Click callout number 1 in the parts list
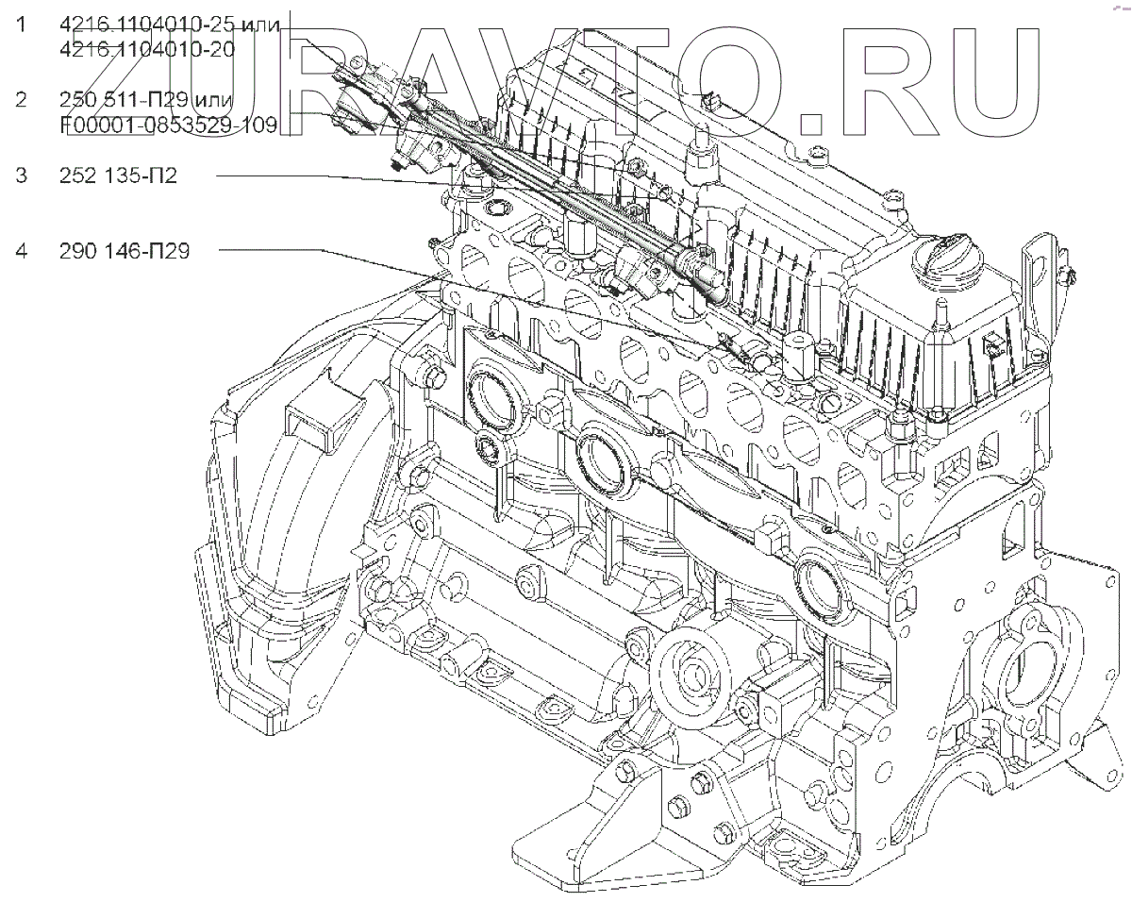pyautogui.click(x=21, y=26)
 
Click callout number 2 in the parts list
pyautogui.click(x=21, y=100)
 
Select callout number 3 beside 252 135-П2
pyautogui.click(x=21, y=175)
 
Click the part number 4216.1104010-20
pyautogui.click(x=146, y=50)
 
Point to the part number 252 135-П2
pyautogui.click(x=118, y=175)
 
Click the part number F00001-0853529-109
pyautogui.click(x=167, y=125)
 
